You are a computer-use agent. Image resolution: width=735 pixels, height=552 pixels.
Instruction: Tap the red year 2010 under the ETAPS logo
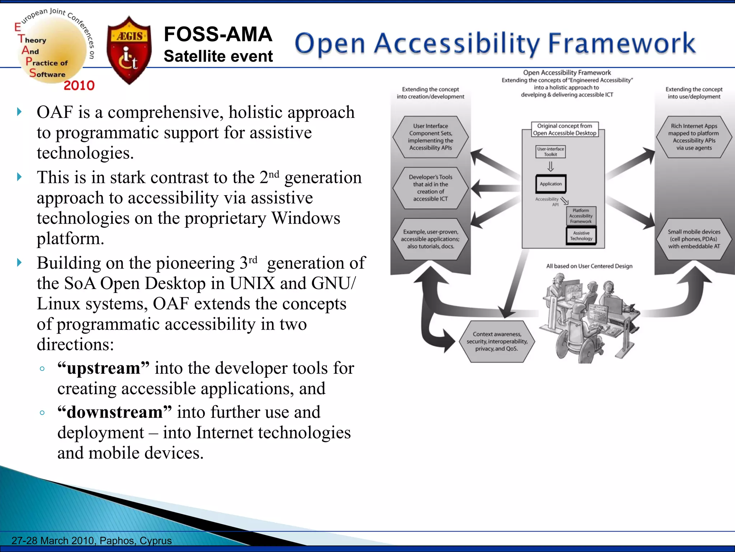[79, 86]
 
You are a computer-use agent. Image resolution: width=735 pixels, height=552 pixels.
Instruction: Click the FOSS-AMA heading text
[218, 34]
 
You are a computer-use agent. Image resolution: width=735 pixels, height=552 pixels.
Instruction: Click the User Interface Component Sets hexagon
[430, 137]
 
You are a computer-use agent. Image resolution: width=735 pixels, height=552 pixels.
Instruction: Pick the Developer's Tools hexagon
[430, 188]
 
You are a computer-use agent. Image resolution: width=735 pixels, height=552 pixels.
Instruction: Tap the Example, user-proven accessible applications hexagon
[430, 239]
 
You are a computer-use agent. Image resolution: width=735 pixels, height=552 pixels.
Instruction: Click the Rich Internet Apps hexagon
[694, 137]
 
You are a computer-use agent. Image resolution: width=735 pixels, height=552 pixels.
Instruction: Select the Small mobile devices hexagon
[694, 239]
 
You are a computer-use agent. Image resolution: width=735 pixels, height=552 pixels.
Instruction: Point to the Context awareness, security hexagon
[497, 341]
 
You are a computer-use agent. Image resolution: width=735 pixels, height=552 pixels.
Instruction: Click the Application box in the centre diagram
[551, 184]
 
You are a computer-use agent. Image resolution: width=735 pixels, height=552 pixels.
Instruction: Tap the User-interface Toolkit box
[551, 152]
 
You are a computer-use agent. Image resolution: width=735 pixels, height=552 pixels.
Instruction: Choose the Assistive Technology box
[581, 236]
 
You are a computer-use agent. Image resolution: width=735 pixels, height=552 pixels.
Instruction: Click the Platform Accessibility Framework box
[581, 216]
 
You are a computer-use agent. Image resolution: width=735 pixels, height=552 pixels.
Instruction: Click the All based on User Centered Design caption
[589, 266]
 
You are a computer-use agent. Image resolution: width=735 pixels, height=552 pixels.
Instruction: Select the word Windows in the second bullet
[305, 218]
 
